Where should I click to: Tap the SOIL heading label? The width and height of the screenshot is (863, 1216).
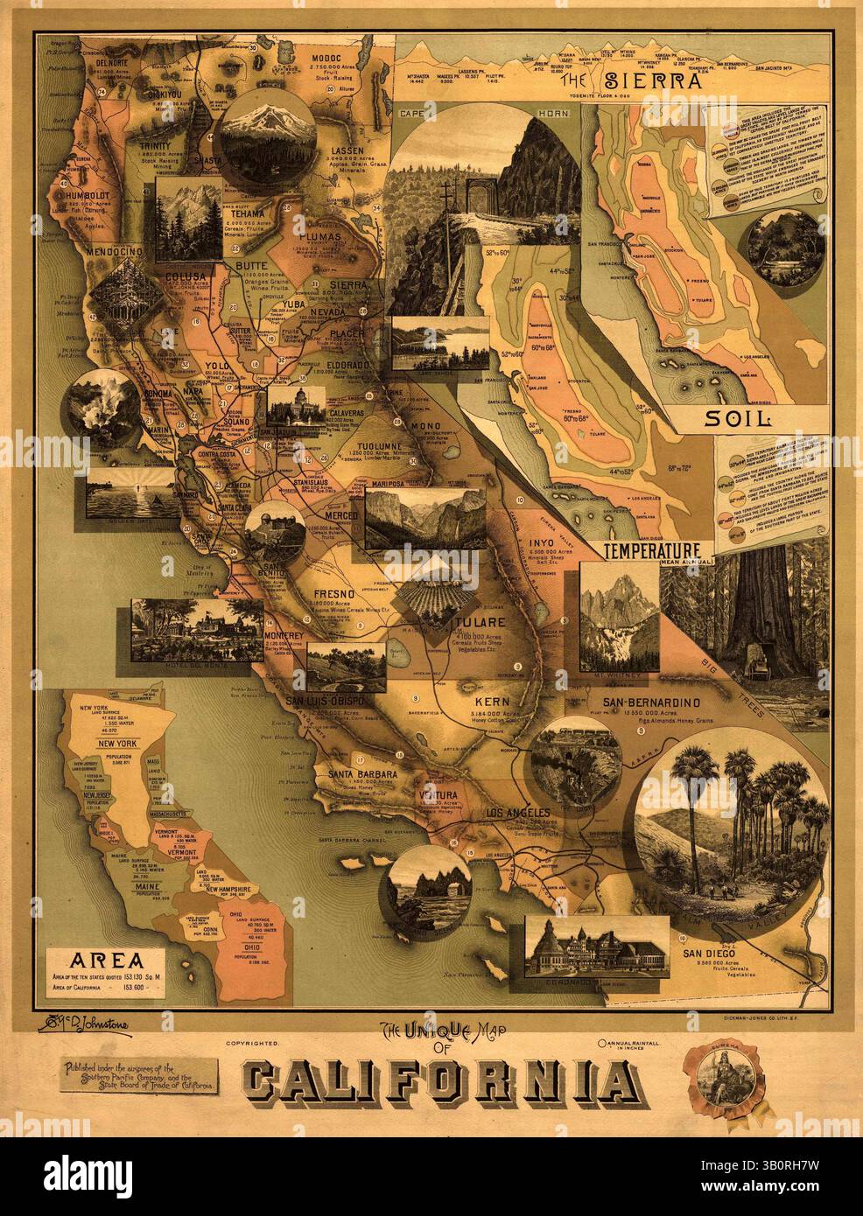click(740, 418)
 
